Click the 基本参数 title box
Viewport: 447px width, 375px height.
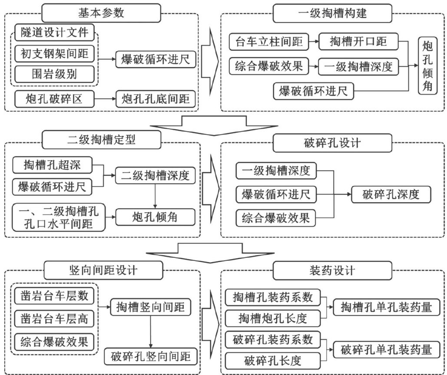coord(101,13)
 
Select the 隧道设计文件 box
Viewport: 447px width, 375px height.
coord(54,33)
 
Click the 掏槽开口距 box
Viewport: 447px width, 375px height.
coord(358,42)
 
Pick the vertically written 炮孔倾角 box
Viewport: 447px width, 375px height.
coord(427,66)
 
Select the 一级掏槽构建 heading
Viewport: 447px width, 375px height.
coord(333,13)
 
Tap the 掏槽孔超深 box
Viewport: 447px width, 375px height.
coord(53,165)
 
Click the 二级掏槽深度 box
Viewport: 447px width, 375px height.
coord(155,176)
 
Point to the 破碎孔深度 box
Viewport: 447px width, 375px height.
coord(391,195)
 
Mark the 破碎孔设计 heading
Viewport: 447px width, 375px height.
coord(333,142)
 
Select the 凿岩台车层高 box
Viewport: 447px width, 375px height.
coord(54,319)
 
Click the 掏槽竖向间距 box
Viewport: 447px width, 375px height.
coord(150,308)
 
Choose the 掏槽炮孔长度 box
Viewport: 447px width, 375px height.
coord(272,319)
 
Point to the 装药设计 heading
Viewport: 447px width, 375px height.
coord(333,271)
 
